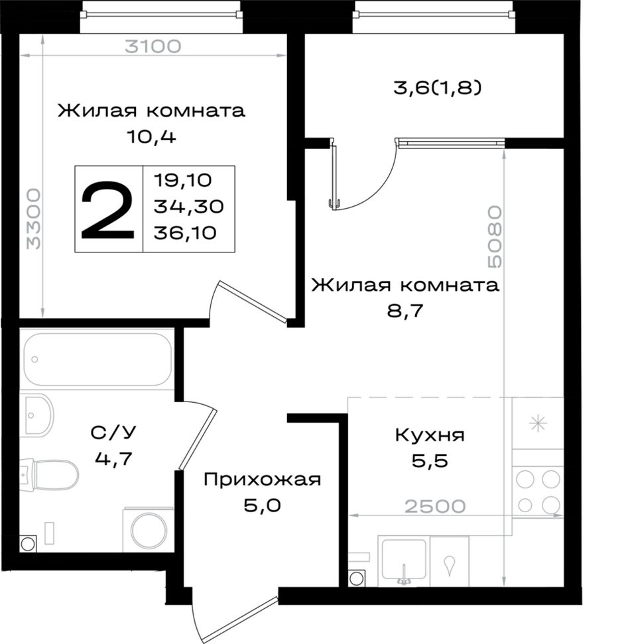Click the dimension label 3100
pyautogui.click(x=153, y=46)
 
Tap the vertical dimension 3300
pyautogui.click(x=34, y=219)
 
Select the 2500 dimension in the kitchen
pyautogui.click(x=435, y=506)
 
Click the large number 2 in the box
pyautogui.click(x=107, y=210)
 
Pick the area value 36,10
pyautogui.click(x=185, y=233)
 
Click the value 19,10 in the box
pyautogui.click(x=183, y=180)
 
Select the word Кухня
pyautogui.click(x=430, y=435)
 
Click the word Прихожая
pyautogui.click(x=262, y=479)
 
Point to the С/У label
pyautogui.click(x=113, y=432)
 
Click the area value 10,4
pyautogui.click(x=152, y=136)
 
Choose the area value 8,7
pyautogui.click(x=405, y=311)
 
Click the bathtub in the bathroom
pyautogui.click(x=97, y=359)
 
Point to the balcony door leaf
pyautogui.click(x=335, y=176)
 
